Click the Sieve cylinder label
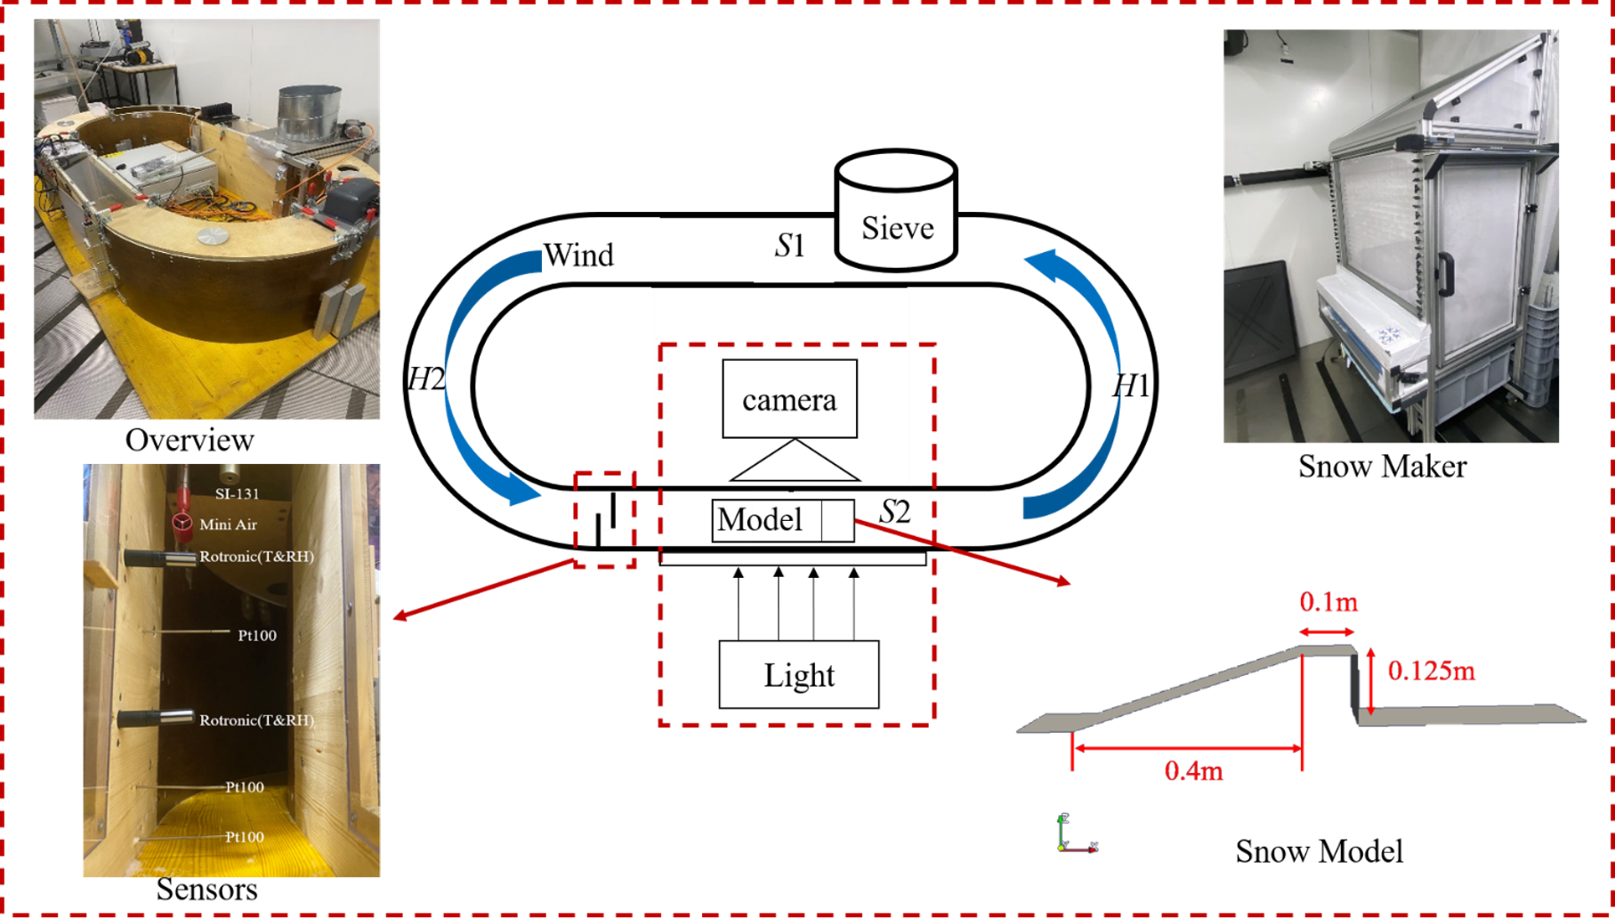897,228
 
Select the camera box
789,399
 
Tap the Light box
798,675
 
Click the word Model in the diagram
760,520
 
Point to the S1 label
790,245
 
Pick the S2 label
895,512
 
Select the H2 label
426,380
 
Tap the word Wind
578,256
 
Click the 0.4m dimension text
1193,770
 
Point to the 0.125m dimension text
1431,671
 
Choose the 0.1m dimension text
1328,603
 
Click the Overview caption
190,440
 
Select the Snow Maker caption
1382,466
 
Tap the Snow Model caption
1319,851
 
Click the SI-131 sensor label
237,493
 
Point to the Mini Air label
228,525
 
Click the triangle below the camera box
794,462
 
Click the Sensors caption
206,889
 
